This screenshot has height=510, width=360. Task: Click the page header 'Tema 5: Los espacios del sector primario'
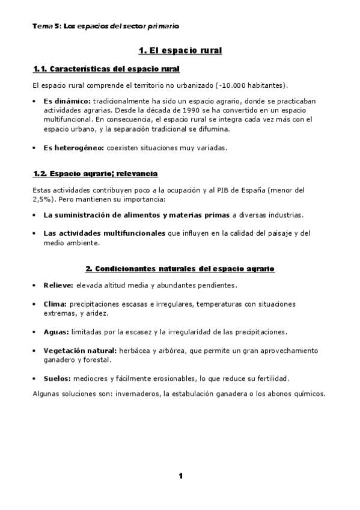coord(106,26)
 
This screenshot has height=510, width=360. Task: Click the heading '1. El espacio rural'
coord(180,51)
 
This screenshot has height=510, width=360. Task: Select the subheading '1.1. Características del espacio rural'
coord(106,69)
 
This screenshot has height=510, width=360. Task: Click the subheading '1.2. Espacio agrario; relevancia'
coord(95,174)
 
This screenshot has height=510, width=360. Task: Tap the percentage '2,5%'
coord(41,198)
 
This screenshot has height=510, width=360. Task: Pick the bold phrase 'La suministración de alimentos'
coord(102,215)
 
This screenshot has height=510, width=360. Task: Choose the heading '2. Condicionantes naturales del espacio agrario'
coord(180,268)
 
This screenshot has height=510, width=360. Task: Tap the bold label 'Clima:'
coord(55,304)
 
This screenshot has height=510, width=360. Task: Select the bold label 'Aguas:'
coord(56,332)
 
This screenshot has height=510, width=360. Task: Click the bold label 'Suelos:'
coord(57,379)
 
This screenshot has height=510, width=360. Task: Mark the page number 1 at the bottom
coord(180,477)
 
